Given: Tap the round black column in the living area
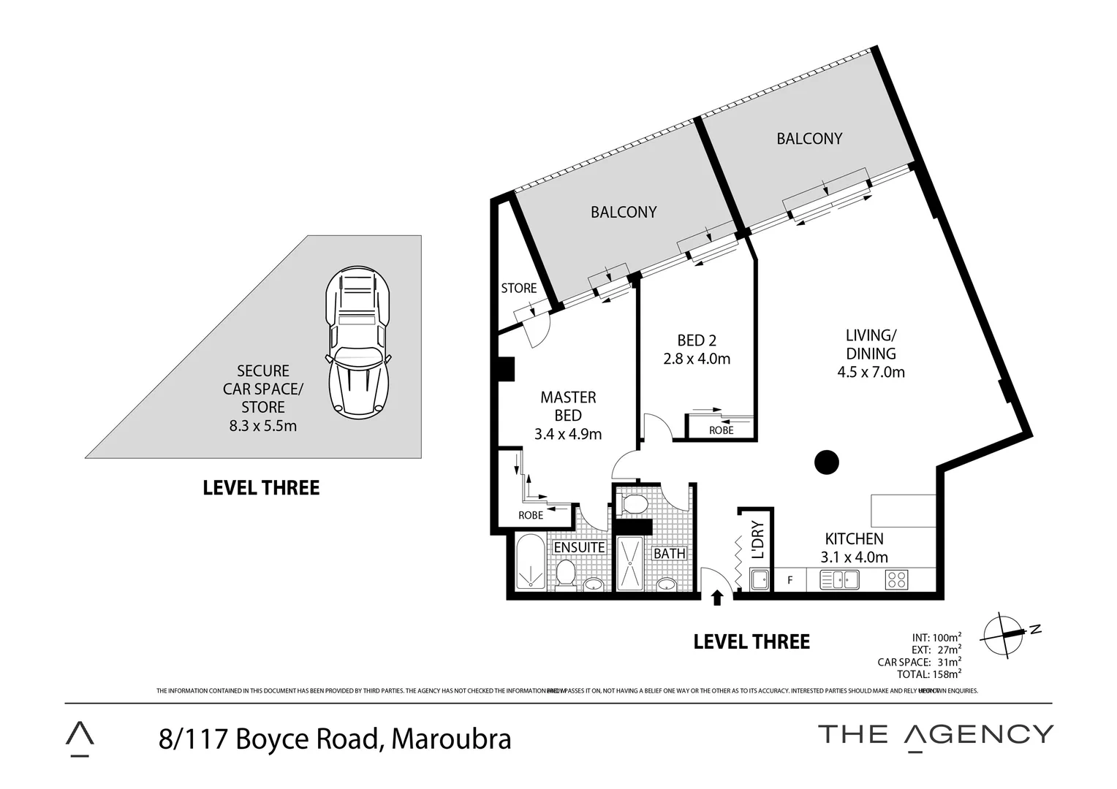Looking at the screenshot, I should (826, 462).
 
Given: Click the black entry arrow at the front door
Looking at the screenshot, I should (717, 597).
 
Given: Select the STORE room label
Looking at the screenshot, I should (518, 288).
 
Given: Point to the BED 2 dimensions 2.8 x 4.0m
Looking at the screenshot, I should (696, 359).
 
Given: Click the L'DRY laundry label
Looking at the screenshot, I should (757, 539).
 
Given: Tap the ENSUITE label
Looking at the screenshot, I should (579, 547).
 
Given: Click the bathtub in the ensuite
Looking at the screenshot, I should (528, 563).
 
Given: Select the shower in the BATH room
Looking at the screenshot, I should (629, 563).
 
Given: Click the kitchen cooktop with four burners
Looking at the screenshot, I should (896, 580).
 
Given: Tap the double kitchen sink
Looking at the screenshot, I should (838, 580).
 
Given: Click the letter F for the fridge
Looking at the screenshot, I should (790, 581).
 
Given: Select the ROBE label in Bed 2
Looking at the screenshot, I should (721, 430).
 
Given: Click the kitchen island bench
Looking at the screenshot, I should (903, 511).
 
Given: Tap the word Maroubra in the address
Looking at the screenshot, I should (451, 739).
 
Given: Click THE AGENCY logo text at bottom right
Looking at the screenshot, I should (935, 734).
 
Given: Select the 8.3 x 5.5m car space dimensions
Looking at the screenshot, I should (262, 426).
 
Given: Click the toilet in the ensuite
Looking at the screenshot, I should (565, 573).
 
